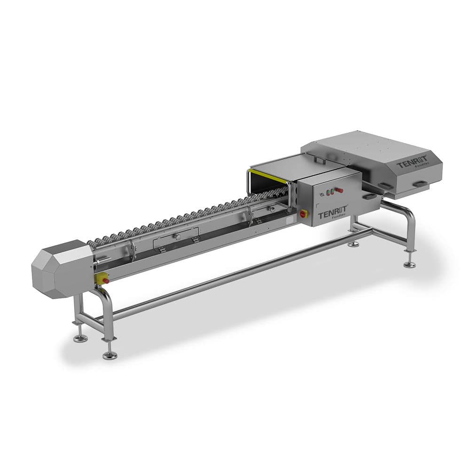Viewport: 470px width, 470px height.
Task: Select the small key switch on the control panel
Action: click(x=321, y=194)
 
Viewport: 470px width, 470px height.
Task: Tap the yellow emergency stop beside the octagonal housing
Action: click(x=102, y=280)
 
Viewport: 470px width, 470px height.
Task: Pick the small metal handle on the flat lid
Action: click(x=320, y=162)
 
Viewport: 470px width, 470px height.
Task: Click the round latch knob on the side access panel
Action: click(x=177, y=236)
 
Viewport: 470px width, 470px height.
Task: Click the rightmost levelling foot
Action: click(x=409, y=265)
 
